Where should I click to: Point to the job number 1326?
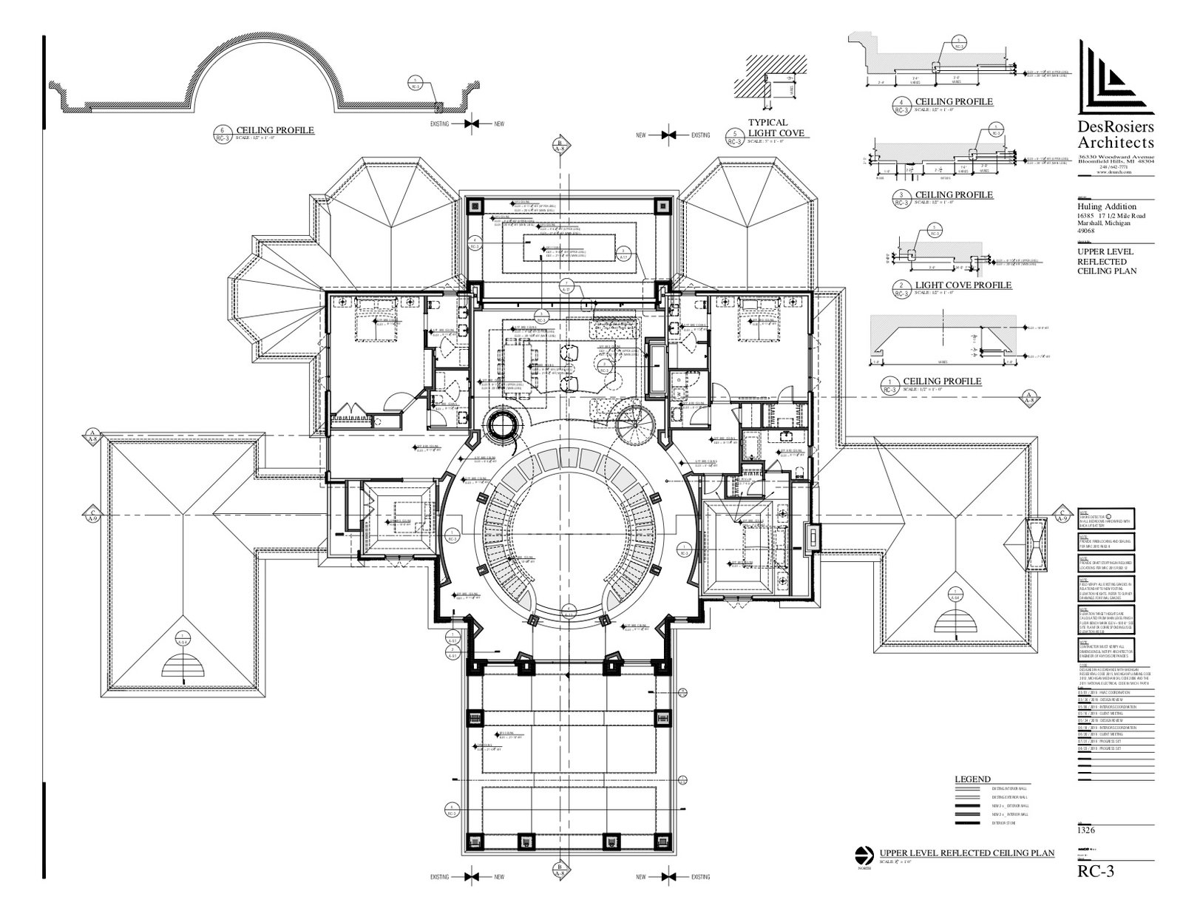[1087, 830]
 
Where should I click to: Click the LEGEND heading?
[972, 779]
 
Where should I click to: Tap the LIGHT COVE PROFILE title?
[963, 285]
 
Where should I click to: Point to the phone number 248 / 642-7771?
[1113, 166]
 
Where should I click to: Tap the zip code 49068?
[1087, 231]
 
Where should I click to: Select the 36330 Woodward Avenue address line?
[1116, 157]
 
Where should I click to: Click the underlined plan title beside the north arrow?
[966, 853]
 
